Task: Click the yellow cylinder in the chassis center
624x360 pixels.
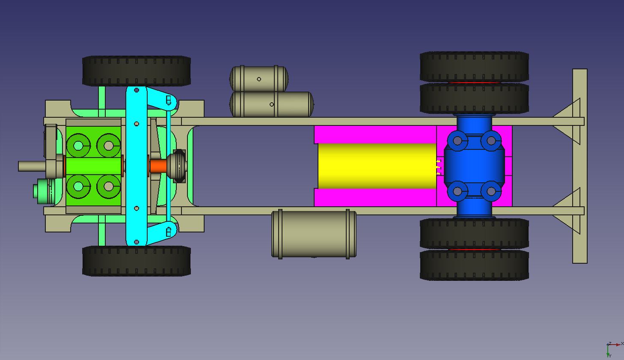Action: [377, 166]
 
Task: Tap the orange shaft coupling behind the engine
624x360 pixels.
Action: [158, 166]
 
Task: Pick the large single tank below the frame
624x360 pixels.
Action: [314, 234]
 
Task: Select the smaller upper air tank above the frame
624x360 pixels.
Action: [259, 78]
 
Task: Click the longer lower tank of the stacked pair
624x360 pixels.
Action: [272, 104]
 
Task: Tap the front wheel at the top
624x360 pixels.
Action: [136, 71]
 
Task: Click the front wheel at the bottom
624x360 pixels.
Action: [136, 261]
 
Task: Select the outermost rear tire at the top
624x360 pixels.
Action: [474, 66]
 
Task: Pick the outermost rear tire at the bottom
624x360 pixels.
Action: [474, 265]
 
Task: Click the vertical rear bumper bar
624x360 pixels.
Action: [579, 166]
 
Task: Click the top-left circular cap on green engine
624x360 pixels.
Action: [78, 146]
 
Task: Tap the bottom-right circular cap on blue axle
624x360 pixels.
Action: [491, 191]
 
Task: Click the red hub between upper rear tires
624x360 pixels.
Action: [474, 82]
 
